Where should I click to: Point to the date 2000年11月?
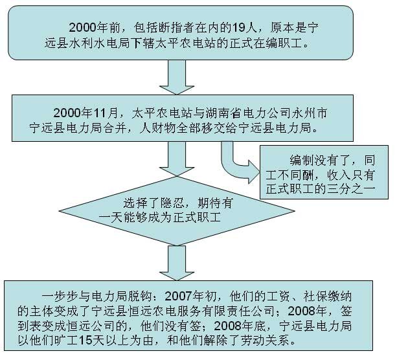pyautogui.click(x=86, y=113)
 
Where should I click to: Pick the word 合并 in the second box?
pyautogui.click(x=115, y=128)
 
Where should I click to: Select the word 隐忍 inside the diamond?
pyautogui.click(x=172, y=203)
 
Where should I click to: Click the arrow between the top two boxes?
pyautogui.click(x=177, y=77)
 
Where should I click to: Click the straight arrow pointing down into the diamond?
pyautogui.click(x=177, y=159)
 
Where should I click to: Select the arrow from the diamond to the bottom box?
pyautogui.click(x=177, y=263)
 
